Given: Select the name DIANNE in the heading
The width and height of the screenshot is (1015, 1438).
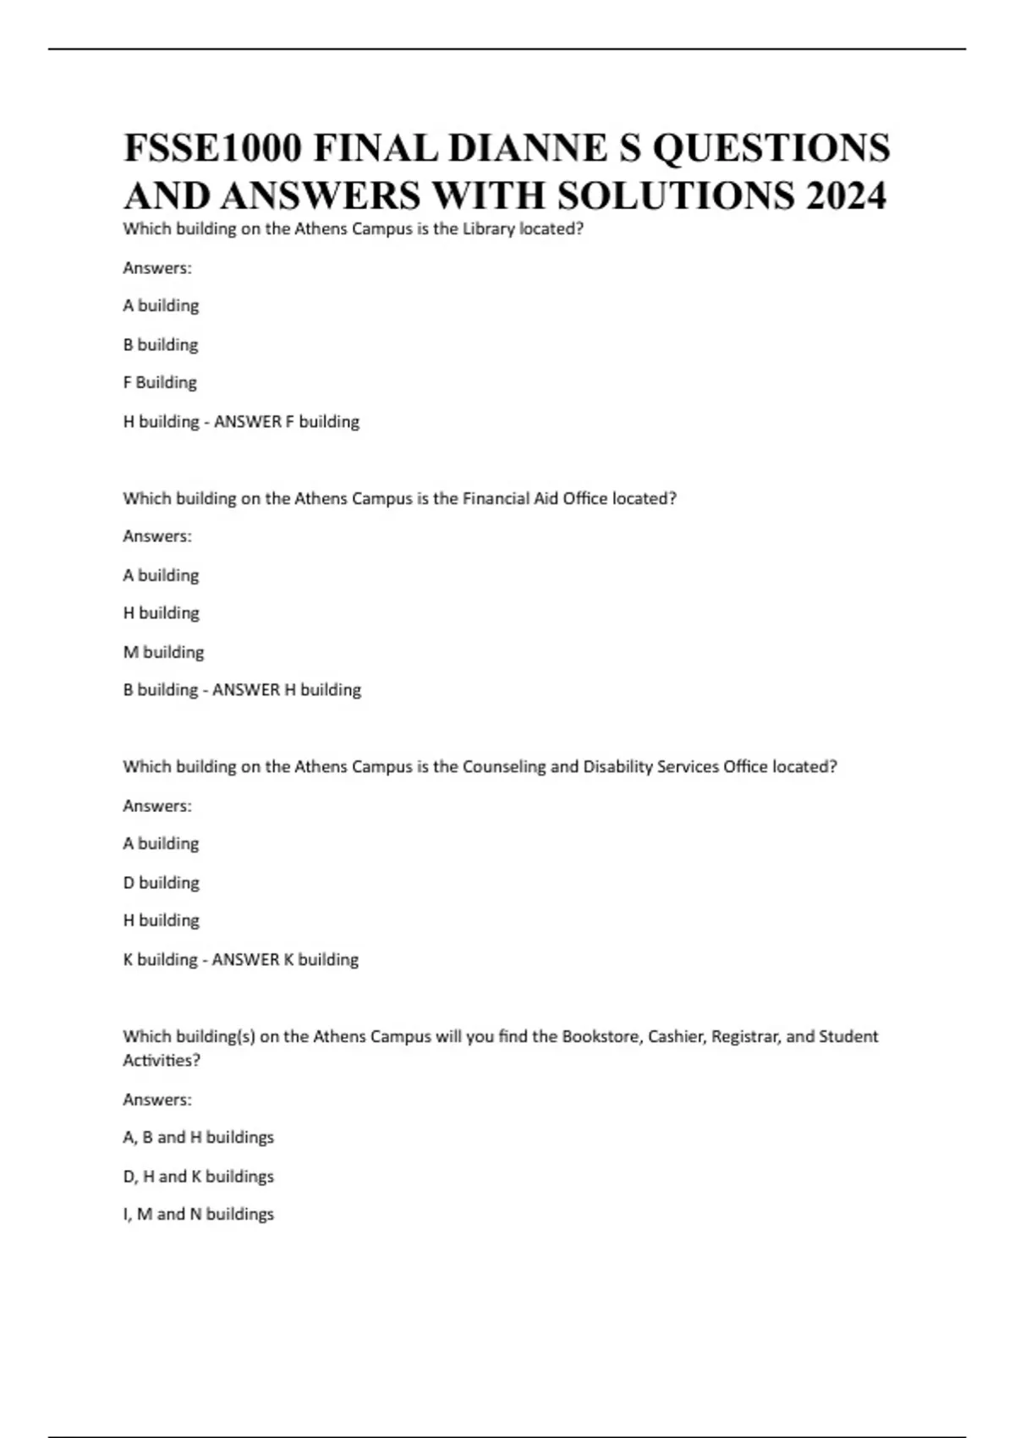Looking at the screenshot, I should click(x=528, y=148).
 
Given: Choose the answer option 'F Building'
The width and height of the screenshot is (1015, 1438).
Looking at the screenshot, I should click(x=160, y=382).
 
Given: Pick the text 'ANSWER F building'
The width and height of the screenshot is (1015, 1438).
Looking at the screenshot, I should click(x=287, y=421).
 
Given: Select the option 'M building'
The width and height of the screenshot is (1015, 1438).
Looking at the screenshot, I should click(x=163, y=652).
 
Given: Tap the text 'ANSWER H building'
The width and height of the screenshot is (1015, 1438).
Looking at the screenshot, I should click(x=287, y=690).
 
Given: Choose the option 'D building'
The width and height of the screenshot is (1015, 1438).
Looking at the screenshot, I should click(x=161, y=882).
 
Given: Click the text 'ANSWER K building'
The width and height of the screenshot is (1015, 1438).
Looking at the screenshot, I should click(x=285, y=959).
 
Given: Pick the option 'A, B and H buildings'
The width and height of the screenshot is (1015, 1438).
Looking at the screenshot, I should click(x=198, y=1138).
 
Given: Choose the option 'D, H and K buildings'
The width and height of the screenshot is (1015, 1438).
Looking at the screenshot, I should click(x=198, y=1177).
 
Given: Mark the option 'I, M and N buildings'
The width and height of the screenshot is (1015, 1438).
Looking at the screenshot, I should click(x=198, y=1215).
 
